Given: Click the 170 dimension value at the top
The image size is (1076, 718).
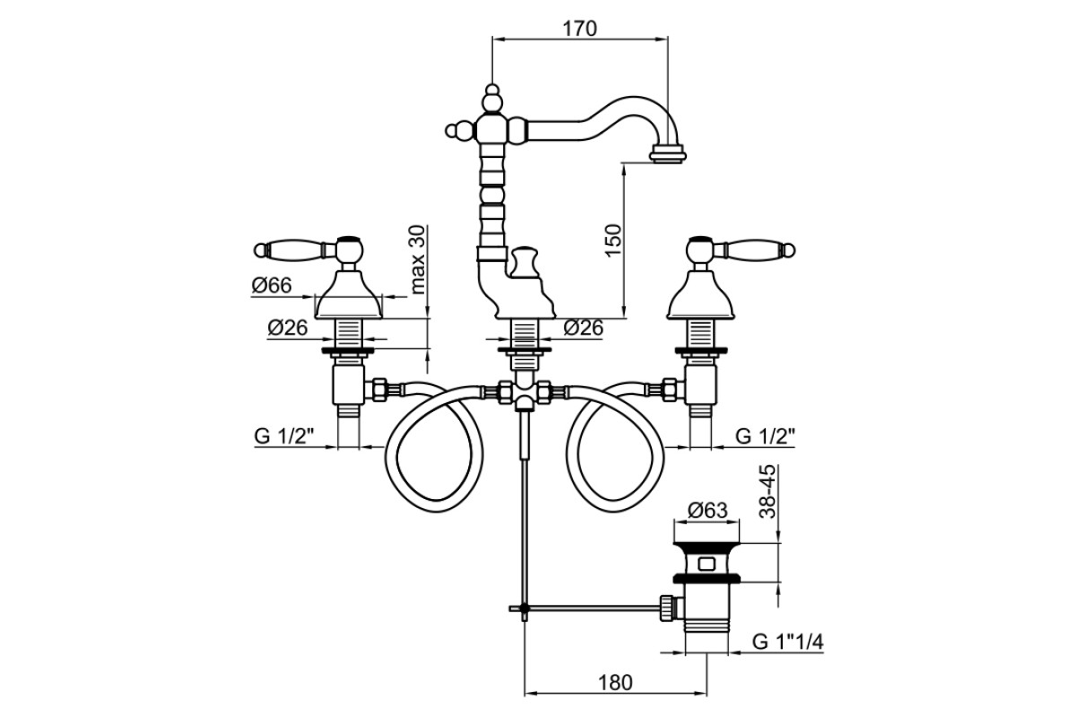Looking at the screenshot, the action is [x=580, y=29].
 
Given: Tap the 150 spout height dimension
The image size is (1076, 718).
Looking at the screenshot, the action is [x=613, y=240].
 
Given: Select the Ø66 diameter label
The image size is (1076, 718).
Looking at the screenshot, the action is [x=272, y=285].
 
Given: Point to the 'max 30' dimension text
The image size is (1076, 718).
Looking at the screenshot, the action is [x=419, y=259].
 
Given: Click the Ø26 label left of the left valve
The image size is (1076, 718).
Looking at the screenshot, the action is [x=287, y=328].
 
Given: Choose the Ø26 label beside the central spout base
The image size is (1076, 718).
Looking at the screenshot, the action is [x=583, y=328].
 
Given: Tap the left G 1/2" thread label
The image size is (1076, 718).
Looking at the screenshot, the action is [x=284, y=436].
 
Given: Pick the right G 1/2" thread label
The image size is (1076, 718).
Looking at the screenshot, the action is [x=765, y=436].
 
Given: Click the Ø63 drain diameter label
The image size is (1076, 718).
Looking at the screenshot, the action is [x=707, y=510].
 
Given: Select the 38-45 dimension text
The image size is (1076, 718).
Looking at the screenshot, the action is [x=768, y=491].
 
